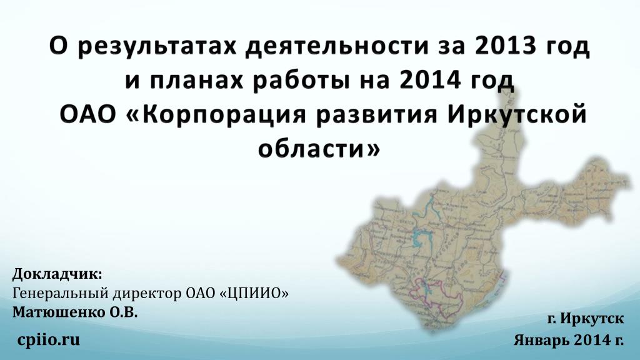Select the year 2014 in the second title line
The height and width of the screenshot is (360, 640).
point(430,81)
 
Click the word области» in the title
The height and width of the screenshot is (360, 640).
point(319,148)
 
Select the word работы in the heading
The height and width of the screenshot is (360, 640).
point(301,81)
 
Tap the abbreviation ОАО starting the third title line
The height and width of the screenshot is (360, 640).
point(87,115)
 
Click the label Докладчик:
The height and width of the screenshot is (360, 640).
point(57,274)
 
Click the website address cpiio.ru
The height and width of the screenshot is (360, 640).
point(48,339)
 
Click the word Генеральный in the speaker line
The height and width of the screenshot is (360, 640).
point(61,294)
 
